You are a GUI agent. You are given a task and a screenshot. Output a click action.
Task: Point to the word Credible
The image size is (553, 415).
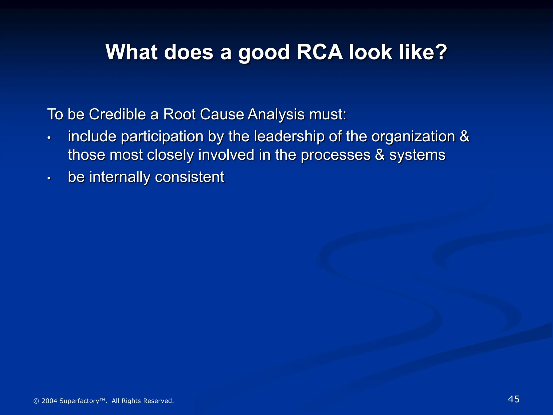click(x=117, y=114)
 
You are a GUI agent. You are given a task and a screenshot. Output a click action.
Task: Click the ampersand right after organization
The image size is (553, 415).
click(x=464, y=136)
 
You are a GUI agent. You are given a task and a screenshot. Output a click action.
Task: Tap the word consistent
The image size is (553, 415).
click(x=190, y=178)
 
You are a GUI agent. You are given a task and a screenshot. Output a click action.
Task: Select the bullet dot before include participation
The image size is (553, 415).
click(x=49, y=138)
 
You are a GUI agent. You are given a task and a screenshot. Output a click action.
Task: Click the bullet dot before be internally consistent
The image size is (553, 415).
click(x=49, y=179)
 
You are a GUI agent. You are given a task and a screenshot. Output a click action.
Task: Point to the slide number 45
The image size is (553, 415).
click(x=514, y=399)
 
